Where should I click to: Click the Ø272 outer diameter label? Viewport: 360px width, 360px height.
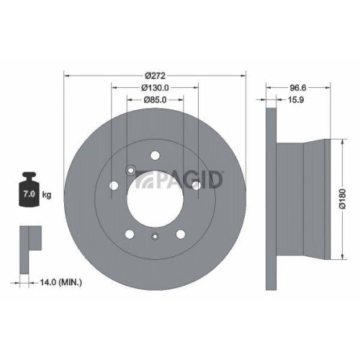click(155, 76)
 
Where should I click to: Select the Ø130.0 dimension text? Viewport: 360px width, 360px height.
click(154, 89)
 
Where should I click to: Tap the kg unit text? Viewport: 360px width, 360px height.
click(47, 195)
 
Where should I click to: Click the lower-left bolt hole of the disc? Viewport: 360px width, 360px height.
click(129, 234)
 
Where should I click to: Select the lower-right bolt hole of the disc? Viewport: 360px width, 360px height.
click(180, 234)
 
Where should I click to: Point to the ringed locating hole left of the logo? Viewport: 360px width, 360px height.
click(130, 171)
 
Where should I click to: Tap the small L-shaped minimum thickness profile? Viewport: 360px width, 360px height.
click(29, 238)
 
